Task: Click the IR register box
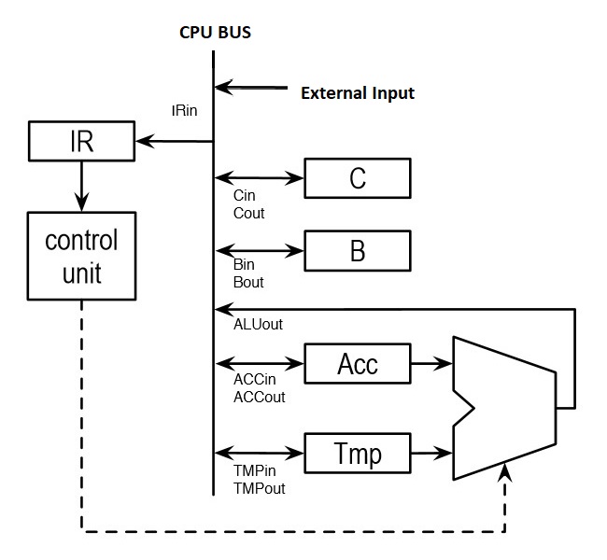point(81,142)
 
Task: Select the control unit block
point(81,256)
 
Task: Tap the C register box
point(358,177)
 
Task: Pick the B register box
point(358,251)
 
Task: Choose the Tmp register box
point(358,455)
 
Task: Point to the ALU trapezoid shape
point(504,408)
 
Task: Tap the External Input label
point(357,93)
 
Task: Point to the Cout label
point(248,213)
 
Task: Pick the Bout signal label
point(248,282)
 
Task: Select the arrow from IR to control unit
point(81,184)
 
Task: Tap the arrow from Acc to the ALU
point(431,362)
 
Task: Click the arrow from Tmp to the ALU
point(431,455)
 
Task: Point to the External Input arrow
point(251,89)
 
